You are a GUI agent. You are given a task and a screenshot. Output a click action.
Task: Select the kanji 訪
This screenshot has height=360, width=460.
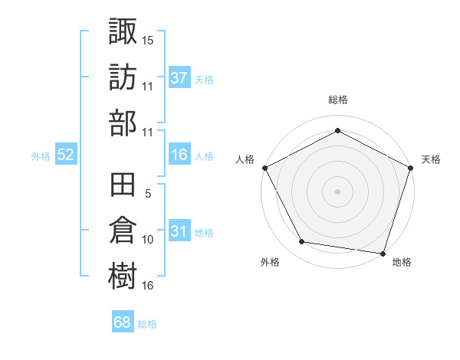point(123,77)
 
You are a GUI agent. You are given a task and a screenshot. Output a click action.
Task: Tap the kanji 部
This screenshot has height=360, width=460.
point(123,123)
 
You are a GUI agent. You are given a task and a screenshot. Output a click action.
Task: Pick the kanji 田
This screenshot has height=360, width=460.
point(123,186)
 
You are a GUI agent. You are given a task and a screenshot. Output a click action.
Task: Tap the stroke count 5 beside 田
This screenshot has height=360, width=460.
point(148,194)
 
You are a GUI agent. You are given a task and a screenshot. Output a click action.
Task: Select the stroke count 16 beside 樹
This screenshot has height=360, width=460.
point(148,286)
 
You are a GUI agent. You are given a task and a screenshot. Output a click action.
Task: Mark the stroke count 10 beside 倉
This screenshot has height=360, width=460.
point(148,240)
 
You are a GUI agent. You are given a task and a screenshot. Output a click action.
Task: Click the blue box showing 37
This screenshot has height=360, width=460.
point(179,79)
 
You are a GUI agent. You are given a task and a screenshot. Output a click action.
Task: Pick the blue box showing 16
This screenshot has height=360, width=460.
point(179,155)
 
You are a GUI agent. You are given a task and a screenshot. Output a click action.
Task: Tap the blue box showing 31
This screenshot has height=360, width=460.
point(179,232)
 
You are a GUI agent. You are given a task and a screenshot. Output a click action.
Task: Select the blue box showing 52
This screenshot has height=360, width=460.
point(66,155)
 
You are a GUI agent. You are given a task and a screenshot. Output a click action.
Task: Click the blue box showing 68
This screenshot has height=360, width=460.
point(123,322)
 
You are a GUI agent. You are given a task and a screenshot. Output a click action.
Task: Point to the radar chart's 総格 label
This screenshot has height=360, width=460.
point(337,100)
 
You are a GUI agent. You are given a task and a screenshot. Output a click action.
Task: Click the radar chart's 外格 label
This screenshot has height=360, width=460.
point(270,263)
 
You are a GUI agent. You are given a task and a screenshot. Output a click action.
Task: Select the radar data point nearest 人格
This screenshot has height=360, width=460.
point(264,167)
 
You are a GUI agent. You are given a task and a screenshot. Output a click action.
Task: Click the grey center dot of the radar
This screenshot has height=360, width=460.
point(337,191)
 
